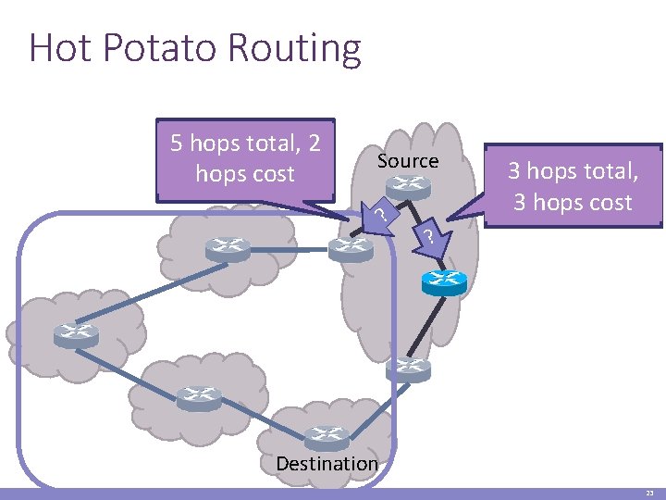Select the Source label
[408, 161]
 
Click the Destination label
[327, 463]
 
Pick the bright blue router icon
[444, 281]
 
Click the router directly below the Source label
[408, 188]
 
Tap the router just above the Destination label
[327, 436]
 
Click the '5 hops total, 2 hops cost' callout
[245, 159]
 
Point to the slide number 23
[649, 494]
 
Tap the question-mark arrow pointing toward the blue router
[428, 237]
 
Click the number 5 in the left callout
[178, 144]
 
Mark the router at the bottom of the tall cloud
[408, 369]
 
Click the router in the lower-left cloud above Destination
[199, 397]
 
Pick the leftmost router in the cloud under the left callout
[228, 248]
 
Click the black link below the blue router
[426, 323]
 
